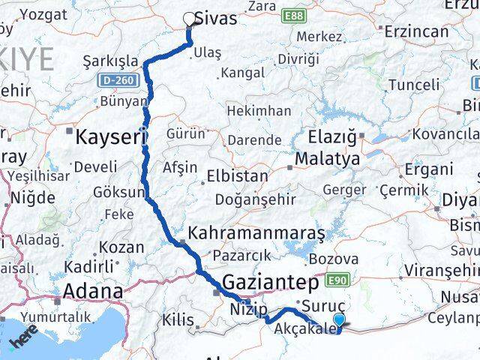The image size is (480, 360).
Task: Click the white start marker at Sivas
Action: [189, 19]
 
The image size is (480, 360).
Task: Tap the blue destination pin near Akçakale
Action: [340, 322]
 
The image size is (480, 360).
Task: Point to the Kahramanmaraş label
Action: [257, 232]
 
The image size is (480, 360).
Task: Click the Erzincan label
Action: [416, 31]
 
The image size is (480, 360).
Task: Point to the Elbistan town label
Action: [235, 178]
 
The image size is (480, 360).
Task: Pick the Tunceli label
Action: [415, 85]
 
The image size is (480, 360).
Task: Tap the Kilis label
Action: [178, 320]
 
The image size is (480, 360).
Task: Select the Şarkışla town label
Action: [111, 61]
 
